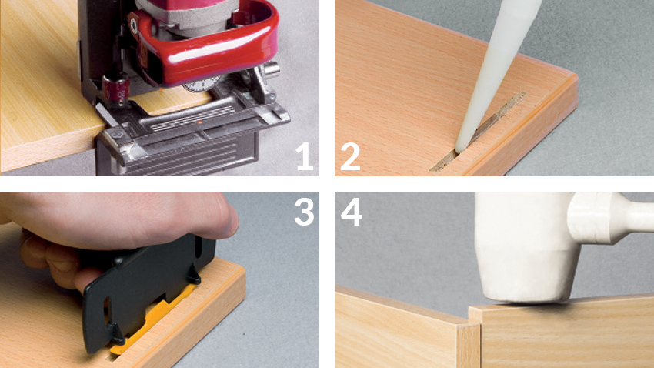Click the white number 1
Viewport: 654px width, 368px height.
(305, 156)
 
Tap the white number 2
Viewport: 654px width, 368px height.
(350, 156)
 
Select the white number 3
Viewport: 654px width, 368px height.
(304, 212)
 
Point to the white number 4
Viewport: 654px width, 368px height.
(351, 212)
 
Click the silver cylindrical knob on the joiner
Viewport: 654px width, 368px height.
(271, 69)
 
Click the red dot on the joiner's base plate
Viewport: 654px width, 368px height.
(200, 122)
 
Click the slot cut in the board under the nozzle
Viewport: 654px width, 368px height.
(478, 132)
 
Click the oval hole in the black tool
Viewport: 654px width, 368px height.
(107, 311)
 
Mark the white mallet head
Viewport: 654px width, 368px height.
(526, 246)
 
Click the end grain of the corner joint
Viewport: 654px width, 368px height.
(469, 346)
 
